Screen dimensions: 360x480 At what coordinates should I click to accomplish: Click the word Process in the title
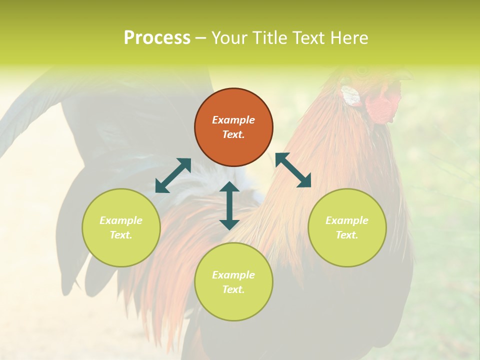[x=157, y=38]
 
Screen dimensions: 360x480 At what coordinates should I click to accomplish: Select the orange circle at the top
[x=233, y=127]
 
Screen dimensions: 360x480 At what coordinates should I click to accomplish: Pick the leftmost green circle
[x=121, y=227]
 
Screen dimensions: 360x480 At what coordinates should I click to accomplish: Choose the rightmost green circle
[x=347, y=227]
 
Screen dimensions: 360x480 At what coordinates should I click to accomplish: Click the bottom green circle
[x=233, y=282]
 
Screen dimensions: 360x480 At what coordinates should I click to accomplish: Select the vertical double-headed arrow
[x=229, y=205]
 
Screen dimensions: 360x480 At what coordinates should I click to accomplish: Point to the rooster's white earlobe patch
[x=350, y=95]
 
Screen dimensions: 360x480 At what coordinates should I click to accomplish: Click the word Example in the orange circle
[x=233, y=120]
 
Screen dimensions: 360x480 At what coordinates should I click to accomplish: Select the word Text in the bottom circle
[x=233, y=289]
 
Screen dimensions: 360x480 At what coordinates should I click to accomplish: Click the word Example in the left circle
[x=121, y=220]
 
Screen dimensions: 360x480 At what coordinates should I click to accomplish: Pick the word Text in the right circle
[x=347, y=235]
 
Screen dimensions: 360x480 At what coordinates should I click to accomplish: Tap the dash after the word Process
[x=200, y=38]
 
